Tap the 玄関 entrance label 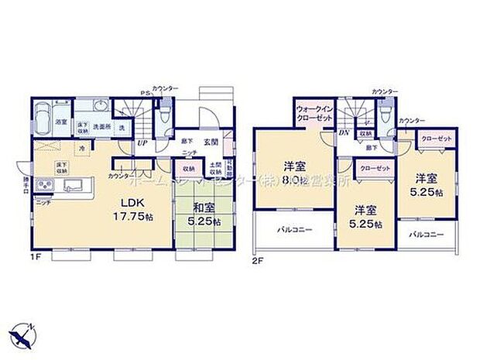click(211, 142)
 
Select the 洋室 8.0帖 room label click(293, 172)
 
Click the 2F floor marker click(259, 261)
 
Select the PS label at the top click(143, 94)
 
